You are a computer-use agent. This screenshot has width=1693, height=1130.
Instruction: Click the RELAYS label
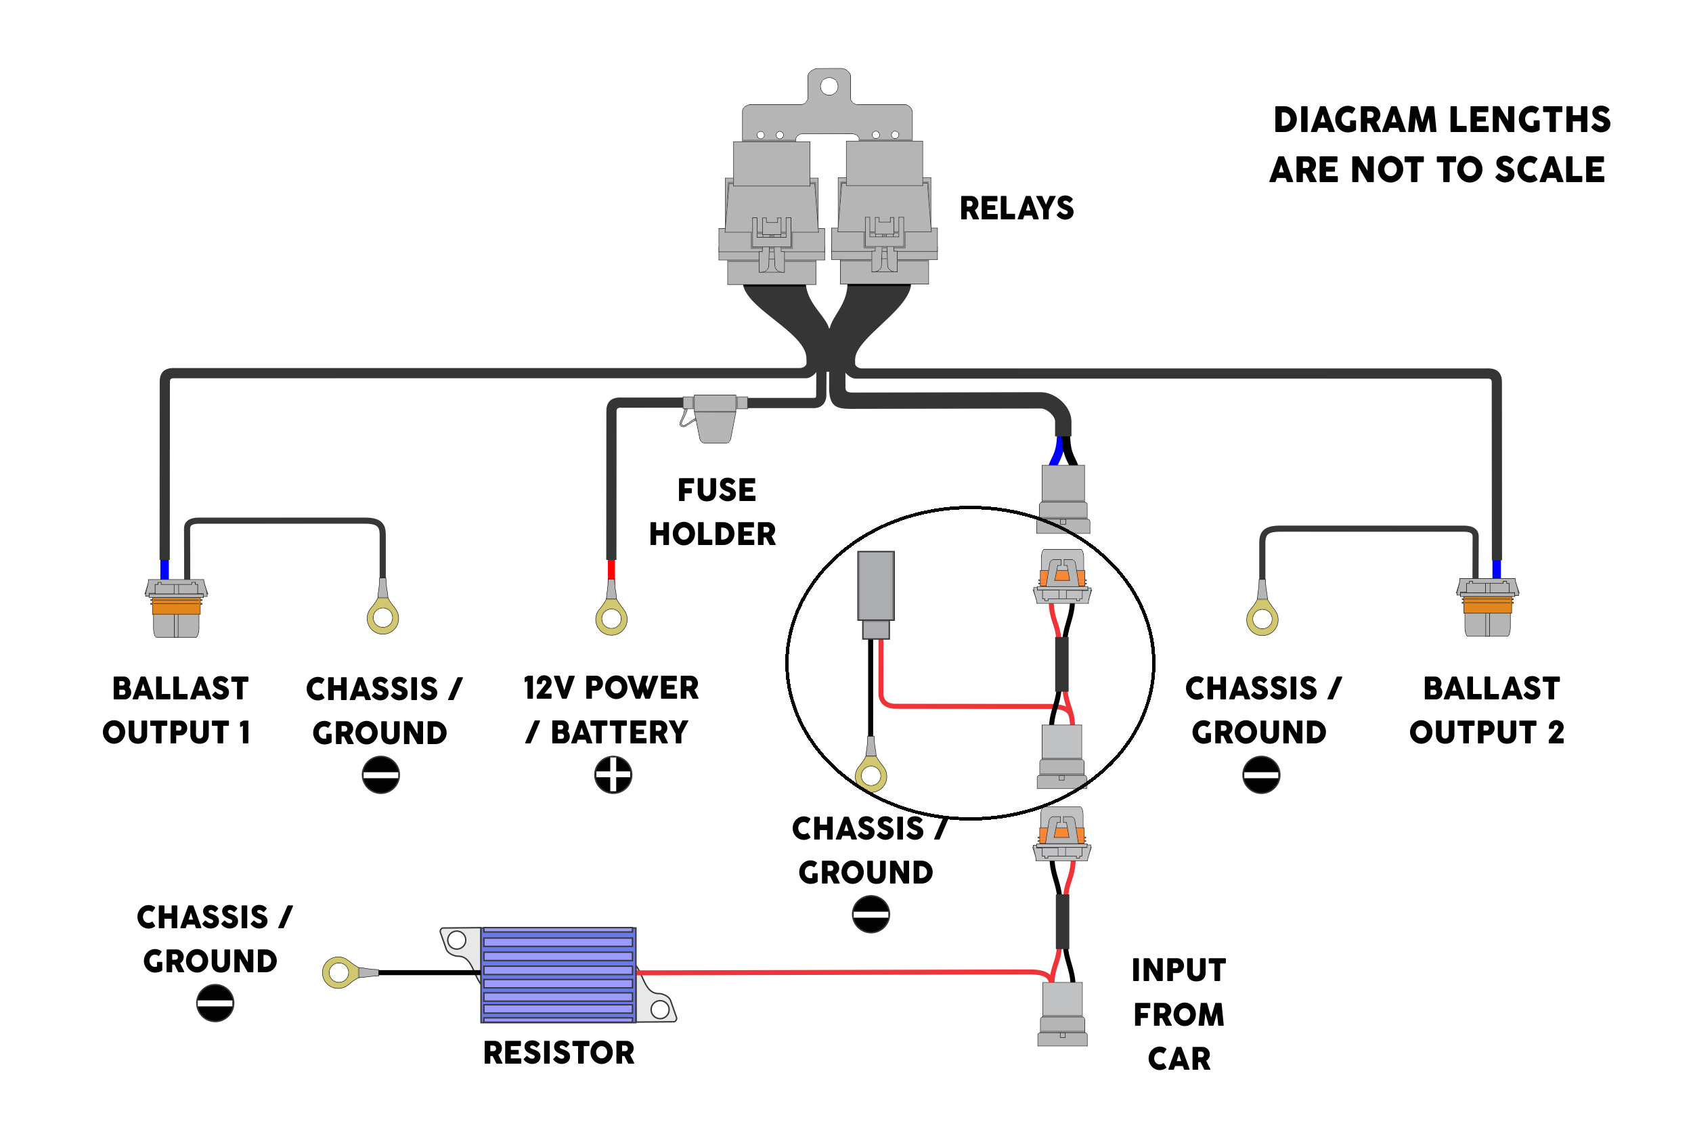click(1016, 209)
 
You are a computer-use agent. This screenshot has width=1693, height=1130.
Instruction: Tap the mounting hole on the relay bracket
click(829, 87)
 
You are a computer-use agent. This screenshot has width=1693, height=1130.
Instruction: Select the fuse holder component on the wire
click(715, 417)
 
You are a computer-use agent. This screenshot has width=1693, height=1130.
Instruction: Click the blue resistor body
click(558, 974)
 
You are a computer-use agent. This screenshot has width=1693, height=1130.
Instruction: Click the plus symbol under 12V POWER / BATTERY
click(613, 775)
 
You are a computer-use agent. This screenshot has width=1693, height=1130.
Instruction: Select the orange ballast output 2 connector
click(1487, 606)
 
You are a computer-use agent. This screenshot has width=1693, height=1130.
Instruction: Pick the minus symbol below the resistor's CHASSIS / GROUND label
click(215, 1003)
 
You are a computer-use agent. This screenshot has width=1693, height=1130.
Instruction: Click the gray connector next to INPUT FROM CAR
click(1062, 1014)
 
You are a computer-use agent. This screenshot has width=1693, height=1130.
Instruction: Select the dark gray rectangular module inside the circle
click(875, 587)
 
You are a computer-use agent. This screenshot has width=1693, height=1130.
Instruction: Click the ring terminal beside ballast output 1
click(382, 617)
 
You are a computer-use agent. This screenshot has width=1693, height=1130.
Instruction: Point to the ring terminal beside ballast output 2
click(1262, 618)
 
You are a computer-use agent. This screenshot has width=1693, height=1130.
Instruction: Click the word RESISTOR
click(558, 1053)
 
